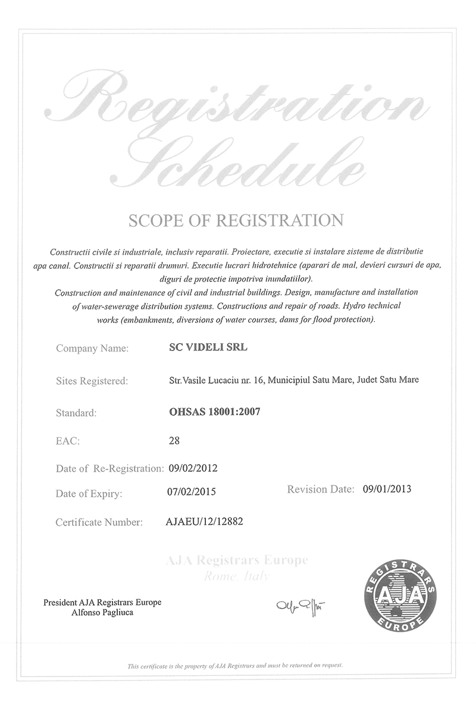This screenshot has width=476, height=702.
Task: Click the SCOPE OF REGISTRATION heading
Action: pos(236,220)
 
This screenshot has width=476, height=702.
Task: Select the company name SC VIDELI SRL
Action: pos(208,348)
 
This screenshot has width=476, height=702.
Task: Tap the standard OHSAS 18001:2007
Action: pos(215,410)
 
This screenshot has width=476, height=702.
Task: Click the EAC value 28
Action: pos(174,441)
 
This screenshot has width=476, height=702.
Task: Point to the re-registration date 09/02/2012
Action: pos(193,468)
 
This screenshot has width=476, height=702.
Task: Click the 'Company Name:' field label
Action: pos(92,349)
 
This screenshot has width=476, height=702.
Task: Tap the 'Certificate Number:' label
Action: pos(99,522)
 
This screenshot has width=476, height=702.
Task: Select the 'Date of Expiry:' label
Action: pos(89,493)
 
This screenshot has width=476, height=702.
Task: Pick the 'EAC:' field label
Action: pos(67,441)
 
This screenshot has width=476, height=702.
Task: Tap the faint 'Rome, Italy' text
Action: pos(237,576)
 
